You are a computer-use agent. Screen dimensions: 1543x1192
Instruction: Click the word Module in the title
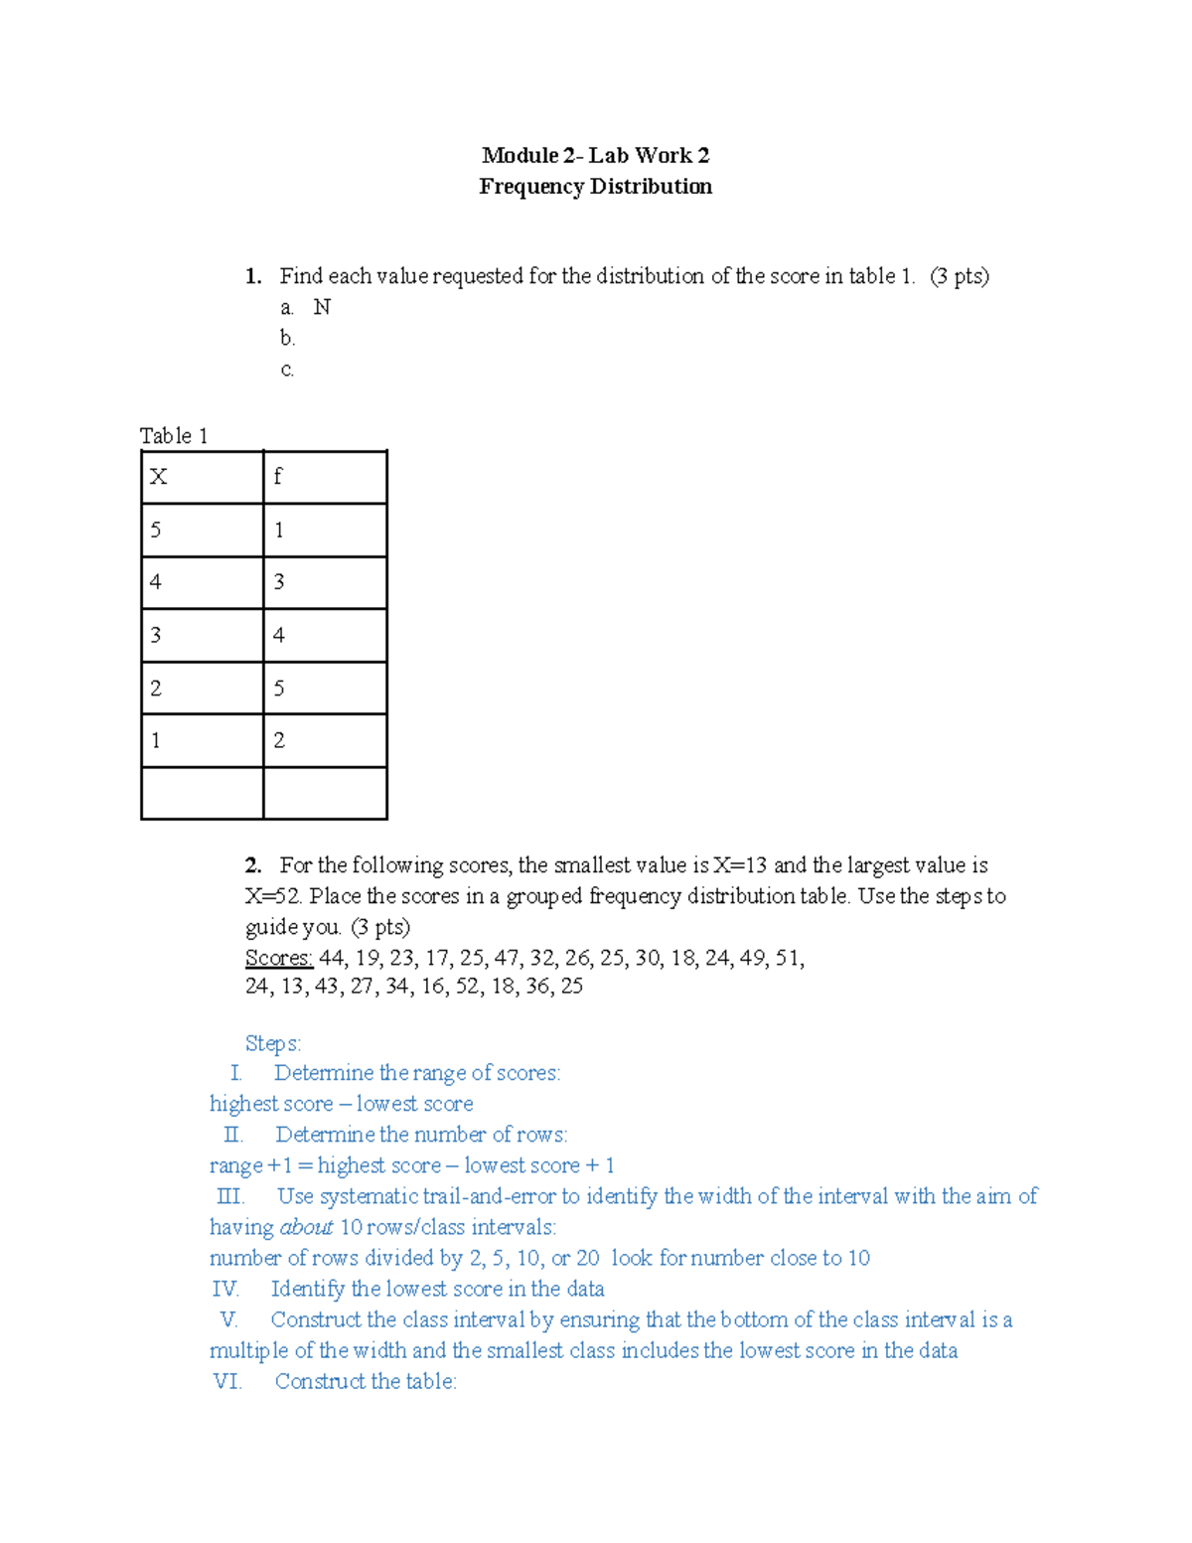(520, 155)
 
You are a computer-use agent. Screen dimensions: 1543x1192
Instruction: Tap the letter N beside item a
(322, 307)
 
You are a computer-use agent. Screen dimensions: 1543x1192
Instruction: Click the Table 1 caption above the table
(174, 435)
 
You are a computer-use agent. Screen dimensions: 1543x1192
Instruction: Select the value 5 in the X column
(156, 530)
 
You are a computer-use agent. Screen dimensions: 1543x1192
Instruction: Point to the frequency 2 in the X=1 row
(279, 740)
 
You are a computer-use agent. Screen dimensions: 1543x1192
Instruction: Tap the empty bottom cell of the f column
(325, 793)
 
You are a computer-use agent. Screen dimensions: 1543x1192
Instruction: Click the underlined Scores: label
(278, 958)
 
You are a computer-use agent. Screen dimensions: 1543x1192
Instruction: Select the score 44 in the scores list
(333, 958)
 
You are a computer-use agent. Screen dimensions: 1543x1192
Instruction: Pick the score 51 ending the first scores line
(789, 958)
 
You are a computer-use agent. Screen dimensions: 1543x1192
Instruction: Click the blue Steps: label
(273, 1043)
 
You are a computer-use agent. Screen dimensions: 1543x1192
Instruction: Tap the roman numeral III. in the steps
(230, 1196)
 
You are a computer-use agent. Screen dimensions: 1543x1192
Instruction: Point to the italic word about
(306, 1227)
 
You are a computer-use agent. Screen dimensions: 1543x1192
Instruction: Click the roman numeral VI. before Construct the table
(227, 1381)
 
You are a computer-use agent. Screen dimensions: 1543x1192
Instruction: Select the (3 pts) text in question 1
(960, 276)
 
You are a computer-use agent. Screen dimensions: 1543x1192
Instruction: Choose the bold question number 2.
(253, 865)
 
